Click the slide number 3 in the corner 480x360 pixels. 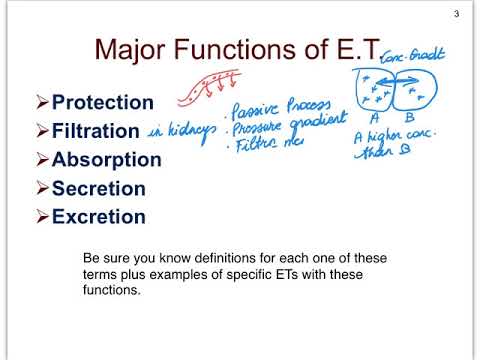pyautogui.click(x=456, y=13)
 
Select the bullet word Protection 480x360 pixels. pyautogui.click(x=102, y=102)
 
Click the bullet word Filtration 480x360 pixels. pyautogui.click(x=96, y=131)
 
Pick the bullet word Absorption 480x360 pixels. pyautogui.click(x=106, y=160)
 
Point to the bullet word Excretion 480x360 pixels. pyautogui.click(x=98, y=217)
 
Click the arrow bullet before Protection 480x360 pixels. pyautogui.click(x=41, y=102)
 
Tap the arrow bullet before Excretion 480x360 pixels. pyautogui.click(x=41, y=217)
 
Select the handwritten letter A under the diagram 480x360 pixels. pyautogui.click(x=374, y=120)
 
